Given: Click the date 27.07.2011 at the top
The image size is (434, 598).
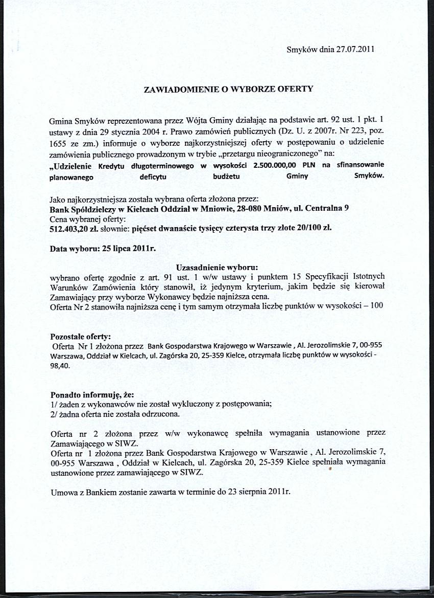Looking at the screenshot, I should tap(355, 50).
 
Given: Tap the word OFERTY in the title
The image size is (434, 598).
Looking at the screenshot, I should tap(295, 88).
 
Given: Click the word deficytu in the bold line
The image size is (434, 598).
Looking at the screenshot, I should tap(153, 176).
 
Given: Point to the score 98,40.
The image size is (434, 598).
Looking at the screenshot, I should tap(60, 366).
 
